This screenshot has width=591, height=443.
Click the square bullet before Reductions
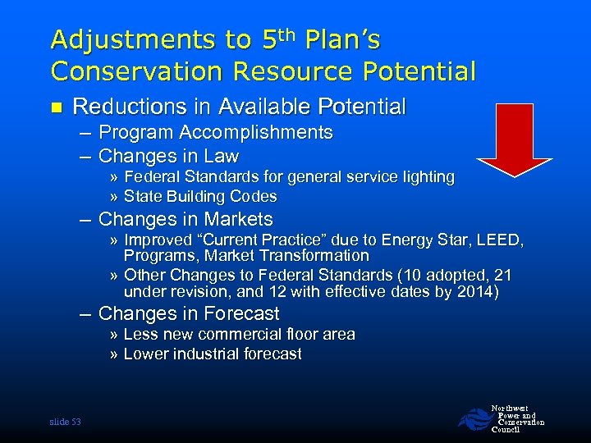tap(56, 107)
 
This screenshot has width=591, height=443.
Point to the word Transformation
tap(316, 255)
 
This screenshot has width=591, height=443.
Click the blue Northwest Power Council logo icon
tap(474, 419)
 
